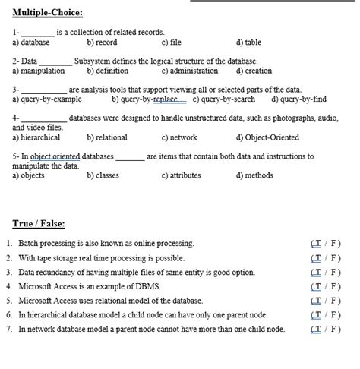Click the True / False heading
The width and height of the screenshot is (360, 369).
pyautogui.click(x=39, y=224)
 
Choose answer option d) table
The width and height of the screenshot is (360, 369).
pyautogui.click(x=248, y=43)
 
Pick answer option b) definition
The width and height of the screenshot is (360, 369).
pyautogui.click(x=107, y=71)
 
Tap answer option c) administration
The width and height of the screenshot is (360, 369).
pyautogui.click(x=190, y=71)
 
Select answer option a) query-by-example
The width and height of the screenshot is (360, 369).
pyautogui.click(x=47, y=99)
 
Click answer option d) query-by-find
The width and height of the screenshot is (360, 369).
pyautogui.click(x=298, y=99)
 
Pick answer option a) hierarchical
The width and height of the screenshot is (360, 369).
pyautogui.click(x=37, y=137)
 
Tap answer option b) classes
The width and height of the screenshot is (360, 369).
pyautogui.click(x=103, y=175)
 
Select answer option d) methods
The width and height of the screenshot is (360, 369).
pyautogui.click(x=254, y=175)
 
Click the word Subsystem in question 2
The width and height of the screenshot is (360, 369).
pyautogui.click(x=95, y=61)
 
